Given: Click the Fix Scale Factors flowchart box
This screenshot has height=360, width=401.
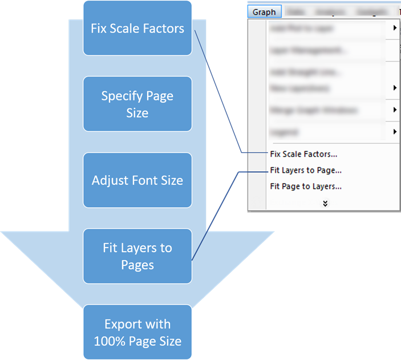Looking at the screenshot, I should (137, 28).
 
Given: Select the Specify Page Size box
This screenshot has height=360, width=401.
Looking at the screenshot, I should (137, 104).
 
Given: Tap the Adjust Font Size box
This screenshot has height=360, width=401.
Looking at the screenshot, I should (137, 180).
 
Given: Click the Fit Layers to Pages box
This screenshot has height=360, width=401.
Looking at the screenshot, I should (137, 256).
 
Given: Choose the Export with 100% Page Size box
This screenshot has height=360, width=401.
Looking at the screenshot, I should (137, 332).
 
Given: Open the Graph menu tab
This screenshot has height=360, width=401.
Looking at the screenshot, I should (264, 11).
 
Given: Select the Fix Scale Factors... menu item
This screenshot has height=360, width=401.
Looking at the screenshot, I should (303, 153).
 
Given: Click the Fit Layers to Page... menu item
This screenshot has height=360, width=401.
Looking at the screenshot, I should (306, 170).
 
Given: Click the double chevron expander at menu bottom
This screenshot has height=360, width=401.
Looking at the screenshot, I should (325, 203).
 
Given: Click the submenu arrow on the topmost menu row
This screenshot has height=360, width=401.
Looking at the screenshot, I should (395, 27).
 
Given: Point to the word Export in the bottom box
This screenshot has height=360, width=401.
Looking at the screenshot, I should (121, 325).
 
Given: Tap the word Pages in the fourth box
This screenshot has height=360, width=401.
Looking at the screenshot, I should (137, 265).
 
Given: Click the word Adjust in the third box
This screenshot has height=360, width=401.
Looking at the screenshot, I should (110, 180).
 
